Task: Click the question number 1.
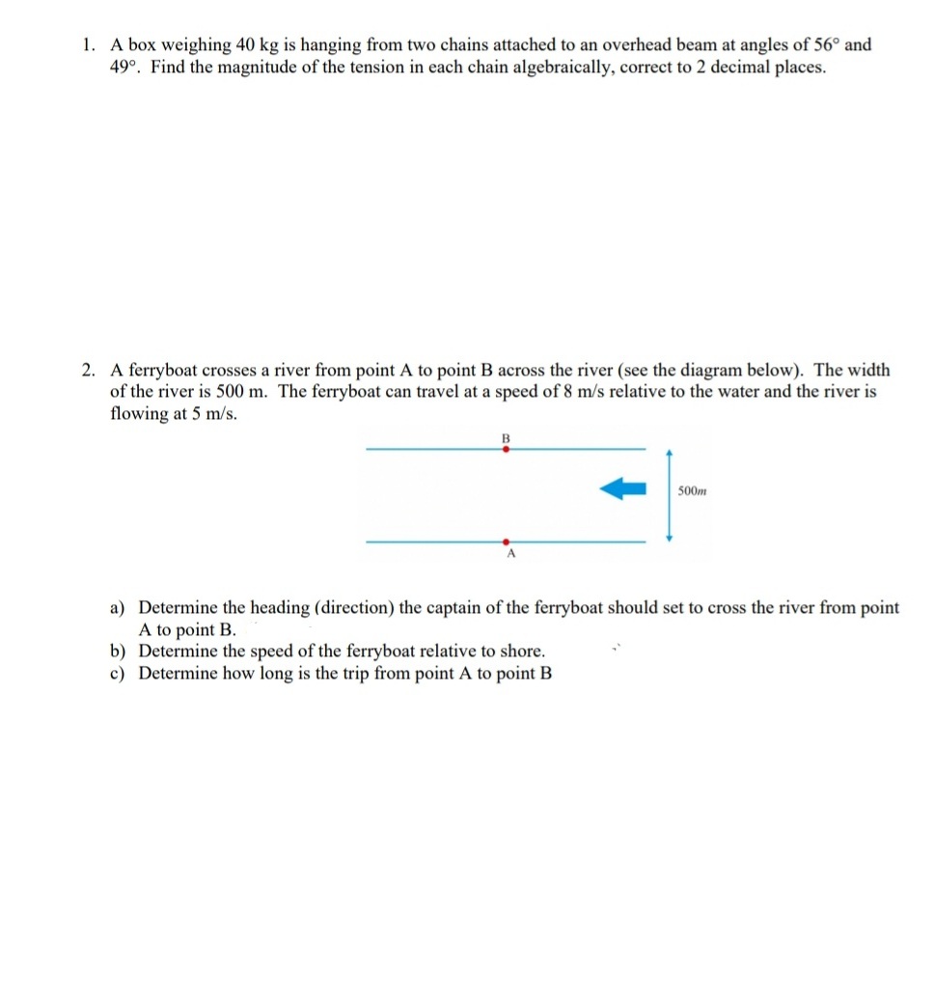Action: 88,45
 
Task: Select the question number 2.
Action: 89,371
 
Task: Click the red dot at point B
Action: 505,449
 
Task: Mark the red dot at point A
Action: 505,542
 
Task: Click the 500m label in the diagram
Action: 692,492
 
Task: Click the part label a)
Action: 119,608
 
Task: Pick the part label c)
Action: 119,674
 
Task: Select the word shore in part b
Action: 520,652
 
